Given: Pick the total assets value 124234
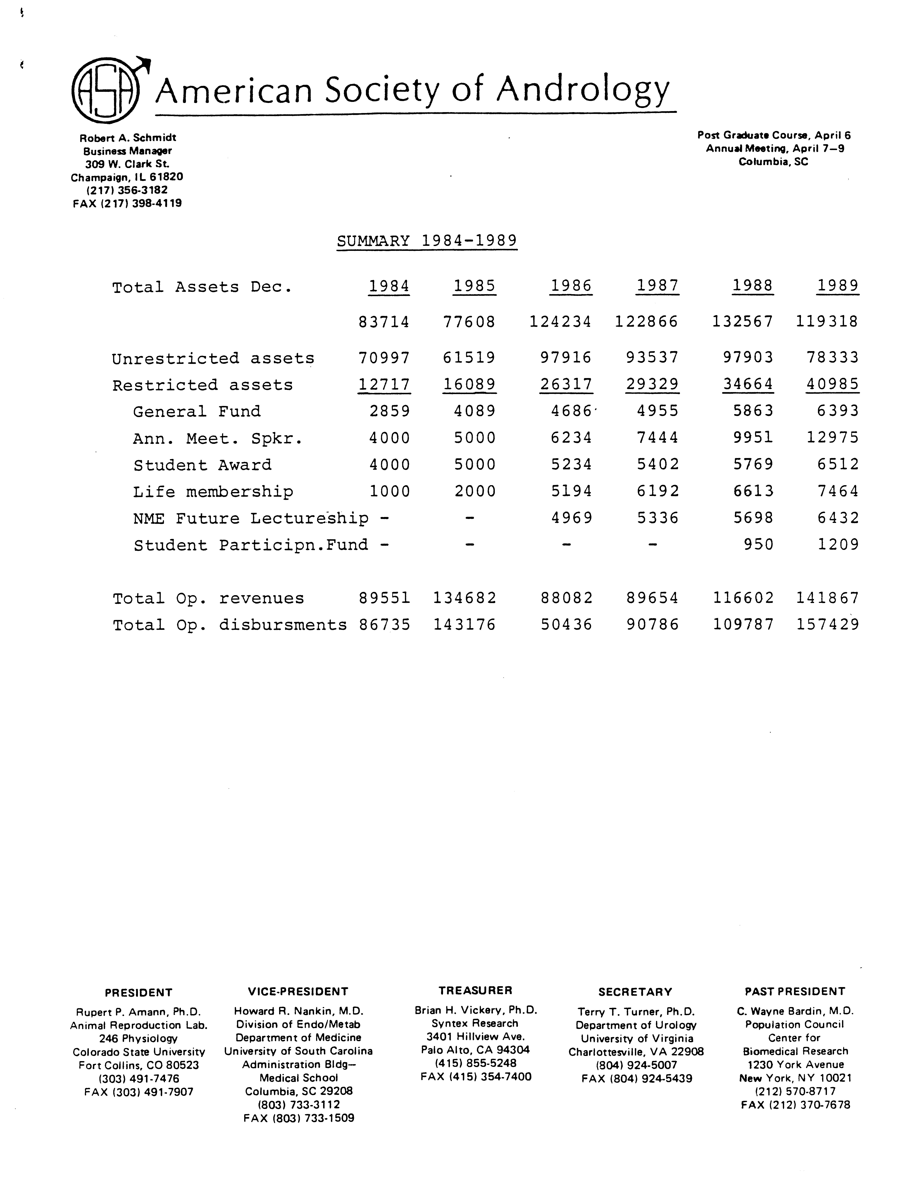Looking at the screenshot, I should coord(560,321).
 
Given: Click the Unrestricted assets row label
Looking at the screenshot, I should coord(213,358).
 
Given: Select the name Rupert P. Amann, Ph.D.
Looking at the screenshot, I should coord(138,1012).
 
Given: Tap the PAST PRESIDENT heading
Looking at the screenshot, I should coord(794,991).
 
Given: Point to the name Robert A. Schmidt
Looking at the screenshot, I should coord(128,138).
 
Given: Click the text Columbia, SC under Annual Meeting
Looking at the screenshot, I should coord(773,162).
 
